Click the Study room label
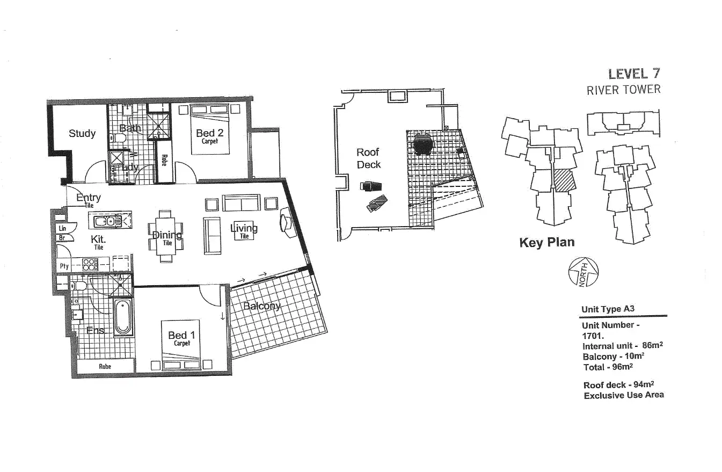(x=82, y=133)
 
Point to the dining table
(x=165, y=236)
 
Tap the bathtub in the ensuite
(x=122, y=318)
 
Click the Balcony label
(x=261, y=306)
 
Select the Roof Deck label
(x=368, y=158)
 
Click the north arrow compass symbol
(x=583, y=272)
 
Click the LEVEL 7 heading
(x=634, y=74)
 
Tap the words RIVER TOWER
(x=623, y=90)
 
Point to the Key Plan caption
(x=546, y=243)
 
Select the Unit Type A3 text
(x=608, y=309)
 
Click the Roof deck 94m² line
(x=618, y=384)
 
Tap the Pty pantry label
(x=64, y=266)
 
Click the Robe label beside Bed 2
(x=164, y=160)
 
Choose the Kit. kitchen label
(x=98, y=239)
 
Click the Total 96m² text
(x=608, y=367)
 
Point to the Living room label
(x=244, y=228)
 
